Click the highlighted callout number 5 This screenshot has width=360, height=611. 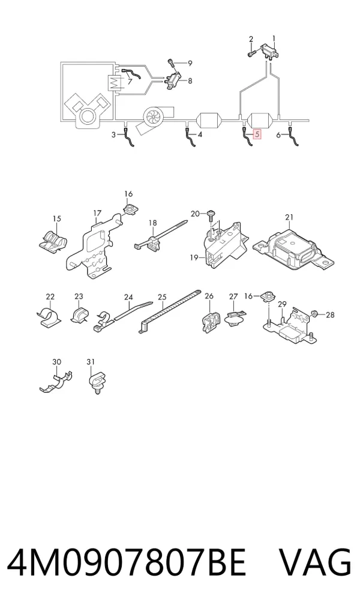[257, 134]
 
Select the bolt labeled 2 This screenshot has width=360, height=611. [251, 51]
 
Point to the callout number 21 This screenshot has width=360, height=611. [289, 217]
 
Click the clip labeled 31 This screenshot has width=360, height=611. [97, 382]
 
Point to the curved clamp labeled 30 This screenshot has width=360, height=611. [56, 381]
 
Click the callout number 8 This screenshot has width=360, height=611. [190, 81]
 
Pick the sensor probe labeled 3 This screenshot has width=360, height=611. [128, 136]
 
